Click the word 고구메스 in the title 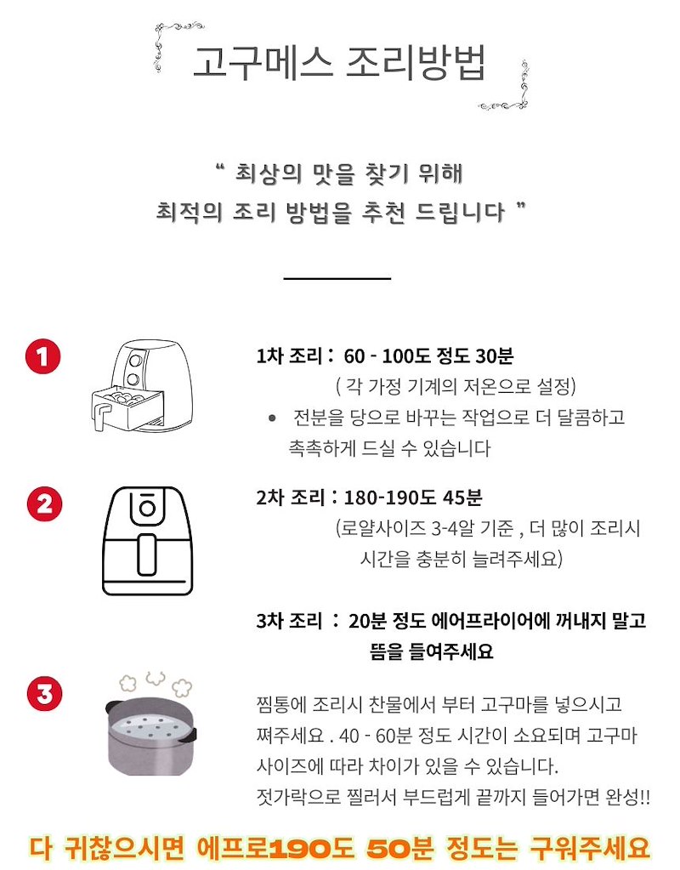(263, 61)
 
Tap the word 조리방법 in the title (416, 61)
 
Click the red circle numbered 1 (42, 356)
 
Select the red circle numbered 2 (44, 504)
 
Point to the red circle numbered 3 (44, 694)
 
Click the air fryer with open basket (143, 385)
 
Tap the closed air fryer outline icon (148, 541)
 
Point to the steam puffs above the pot (156, 684)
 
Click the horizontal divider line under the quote (337, 278)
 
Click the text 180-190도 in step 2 (390, 498)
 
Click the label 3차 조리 (289, 621)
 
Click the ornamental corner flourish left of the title (175, 45)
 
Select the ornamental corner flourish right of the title (506, 84)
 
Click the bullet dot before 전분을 (272, 418)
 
